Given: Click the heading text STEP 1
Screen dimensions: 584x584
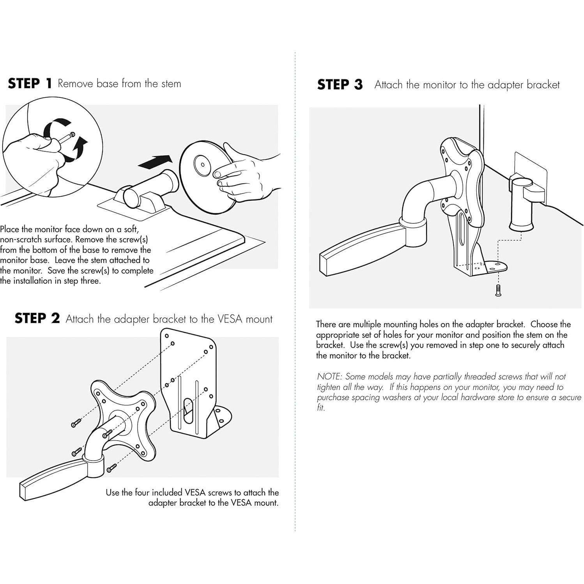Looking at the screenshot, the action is [x=30, y=83].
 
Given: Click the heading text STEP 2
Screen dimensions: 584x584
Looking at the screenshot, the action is [x=37, y=319].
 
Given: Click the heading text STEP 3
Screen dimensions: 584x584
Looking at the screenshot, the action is [x=340, y=85].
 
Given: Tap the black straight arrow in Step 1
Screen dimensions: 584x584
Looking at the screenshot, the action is [x=155, y=162].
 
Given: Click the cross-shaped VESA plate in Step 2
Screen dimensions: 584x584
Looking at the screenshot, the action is [x=123, y=415].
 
